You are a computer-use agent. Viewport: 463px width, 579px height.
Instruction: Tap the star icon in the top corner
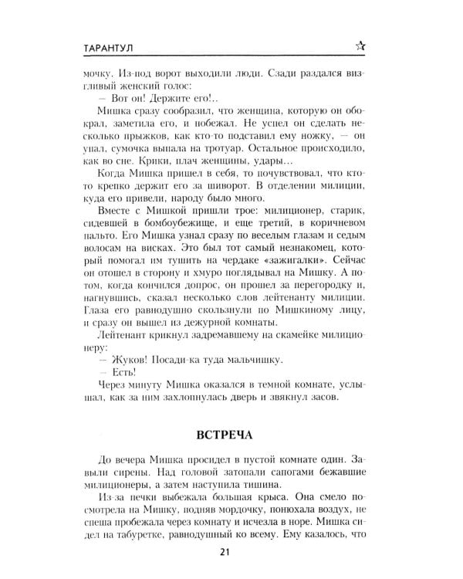point(360,47)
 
